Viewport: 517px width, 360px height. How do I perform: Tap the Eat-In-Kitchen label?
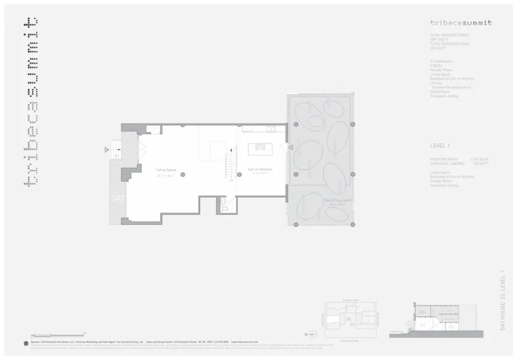click(260, 169)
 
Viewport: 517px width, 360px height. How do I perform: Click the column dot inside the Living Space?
click(183, 175)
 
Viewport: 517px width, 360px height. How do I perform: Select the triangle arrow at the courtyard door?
click(291, 147)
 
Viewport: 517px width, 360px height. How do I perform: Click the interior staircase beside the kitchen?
click(229, 164)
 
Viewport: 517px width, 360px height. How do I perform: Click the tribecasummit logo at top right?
click(461, 23)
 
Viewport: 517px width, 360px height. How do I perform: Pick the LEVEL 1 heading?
click(440, 146)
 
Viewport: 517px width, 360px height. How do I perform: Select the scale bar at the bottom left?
click(58, 334)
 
